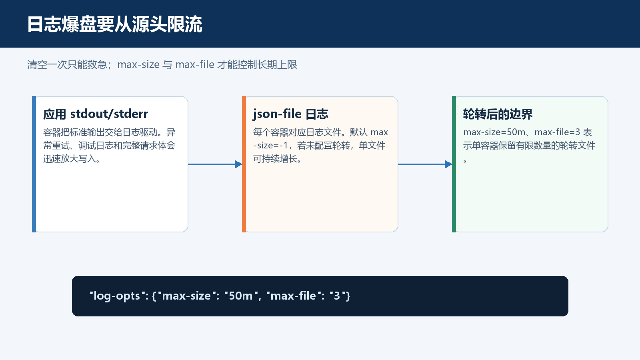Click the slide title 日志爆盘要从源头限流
click(114, 24)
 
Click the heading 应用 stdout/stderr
click(96, 114)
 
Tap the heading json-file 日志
click(290, 114)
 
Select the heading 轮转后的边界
click(498, 114)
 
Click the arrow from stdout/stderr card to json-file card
click(215, 164)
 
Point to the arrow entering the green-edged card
click(425, 164)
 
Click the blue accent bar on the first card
click(34, 164)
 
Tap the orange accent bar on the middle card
click(244, 164)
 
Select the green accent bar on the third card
click(454, 164)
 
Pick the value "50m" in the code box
click(240, 296)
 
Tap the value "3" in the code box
click(337, 296)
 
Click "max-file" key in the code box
click(293, 296)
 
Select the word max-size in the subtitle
click(138, 65)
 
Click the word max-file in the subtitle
click(195, 65)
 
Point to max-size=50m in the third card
click(494, 132)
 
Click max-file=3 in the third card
click(557, 132)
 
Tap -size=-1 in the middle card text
click(270, 146)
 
